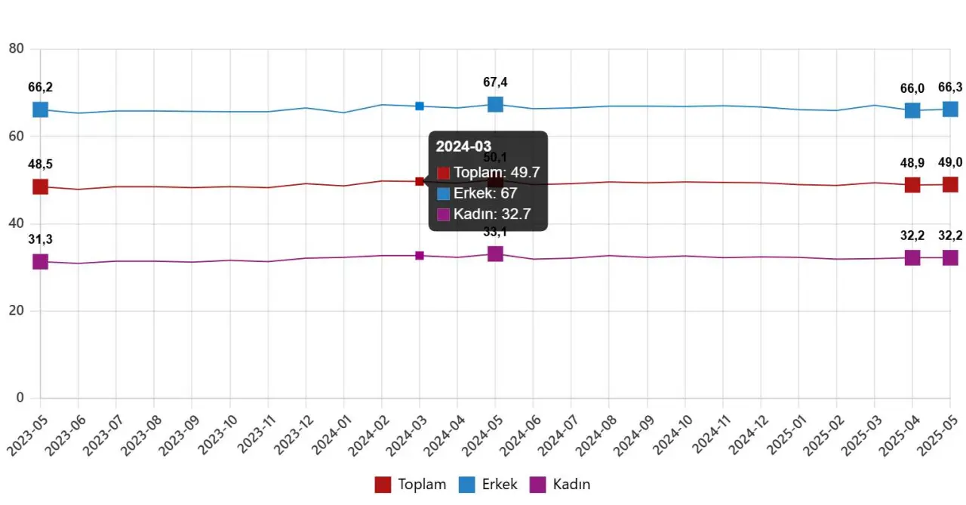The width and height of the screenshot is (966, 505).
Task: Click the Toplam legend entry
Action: pos(411,485)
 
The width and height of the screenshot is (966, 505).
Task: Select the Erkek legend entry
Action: pos(488,485)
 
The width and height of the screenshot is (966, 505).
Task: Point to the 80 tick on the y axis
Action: pos(16,49)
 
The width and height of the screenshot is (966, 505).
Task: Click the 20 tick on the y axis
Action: pos(16,311)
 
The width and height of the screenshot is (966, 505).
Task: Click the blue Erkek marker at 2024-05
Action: pos(495,104)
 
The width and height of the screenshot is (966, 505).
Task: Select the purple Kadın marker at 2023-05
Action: pos(40,262)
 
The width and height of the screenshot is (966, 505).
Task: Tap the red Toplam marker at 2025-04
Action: pos(912,185)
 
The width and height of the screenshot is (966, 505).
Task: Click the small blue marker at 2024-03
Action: pos(420,106)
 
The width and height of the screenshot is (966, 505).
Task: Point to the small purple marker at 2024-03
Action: pos(420,256)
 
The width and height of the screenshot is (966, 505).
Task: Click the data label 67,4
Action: pos(495,82)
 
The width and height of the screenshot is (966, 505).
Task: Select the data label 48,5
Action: pos(40,165)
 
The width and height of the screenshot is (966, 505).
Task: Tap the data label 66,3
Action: pos(950,88)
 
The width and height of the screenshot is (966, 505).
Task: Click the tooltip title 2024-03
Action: pos(463,146)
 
